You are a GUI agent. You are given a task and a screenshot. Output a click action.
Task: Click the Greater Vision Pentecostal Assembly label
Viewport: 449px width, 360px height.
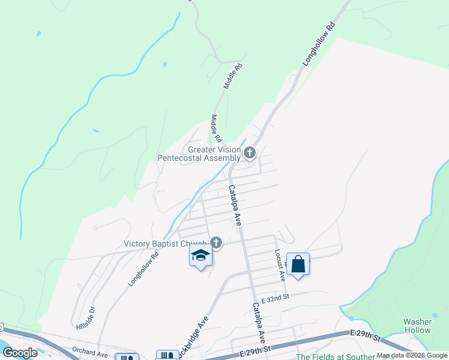[x=198, y=154]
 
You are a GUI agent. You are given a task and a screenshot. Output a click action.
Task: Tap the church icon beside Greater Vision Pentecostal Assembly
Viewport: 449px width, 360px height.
[x=249, y=154]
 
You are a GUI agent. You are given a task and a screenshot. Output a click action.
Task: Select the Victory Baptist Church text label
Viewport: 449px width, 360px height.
[x=165, y=244]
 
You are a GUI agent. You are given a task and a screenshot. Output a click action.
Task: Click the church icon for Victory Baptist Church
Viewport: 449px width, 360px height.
[x=216, y=242]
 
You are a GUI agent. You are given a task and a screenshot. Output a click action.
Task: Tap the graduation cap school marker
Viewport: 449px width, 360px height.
[x=200, y=257]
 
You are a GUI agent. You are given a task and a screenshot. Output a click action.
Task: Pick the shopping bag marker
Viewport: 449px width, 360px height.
[x=298, y=264]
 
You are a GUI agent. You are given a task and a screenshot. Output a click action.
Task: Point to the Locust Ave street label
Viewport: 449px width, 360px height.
[x=279, y=266]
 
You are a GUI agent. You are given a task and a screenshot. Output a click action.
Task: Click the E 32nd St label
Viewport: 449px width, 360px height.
[x=275, y=296]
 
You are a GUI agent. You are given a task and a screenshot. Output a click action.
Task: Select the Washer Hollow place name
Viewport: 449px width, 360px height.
[x=417, y=326]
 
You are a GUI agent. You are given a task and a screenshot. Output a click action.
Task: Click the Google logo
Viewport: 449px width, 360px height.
[x=20, y=353]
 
